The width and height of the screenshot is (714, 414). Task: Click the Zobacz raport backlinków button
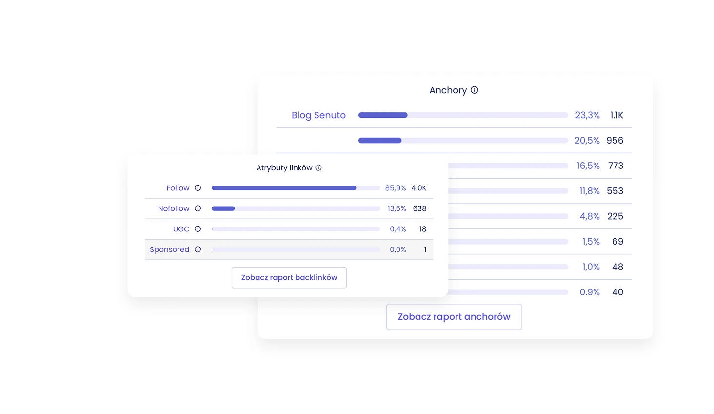pos(289,277)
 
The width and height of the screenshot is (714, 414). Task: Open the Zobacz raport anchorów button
pos(454,317)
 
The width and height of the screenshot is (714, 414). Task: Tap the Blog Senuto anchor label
pos(318,115)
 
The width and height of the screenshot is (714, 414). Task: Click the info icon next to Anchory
pos(475,90)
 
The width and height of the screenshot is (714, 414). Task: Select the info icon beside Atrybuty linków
pos(318,168)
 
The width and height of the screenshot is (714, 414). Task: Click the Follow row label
pos(178,188)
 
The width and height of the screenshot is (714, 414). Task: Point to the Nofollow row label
pos(174,208)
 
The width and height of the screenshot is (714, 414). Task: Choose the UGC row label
pos(181,229)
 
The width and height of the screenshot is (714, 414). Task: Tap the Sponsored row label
pos(169,249)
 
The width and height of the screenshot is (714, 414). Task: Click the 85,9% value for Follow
pos(396,188)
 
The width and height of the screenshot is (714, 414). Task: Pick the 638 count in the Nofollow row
pos(419,208)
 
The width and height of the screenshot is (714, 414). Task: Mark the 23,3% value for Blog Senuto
pos(587,115)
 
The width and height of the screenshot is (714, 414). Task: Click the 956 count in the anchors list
pos(615,141)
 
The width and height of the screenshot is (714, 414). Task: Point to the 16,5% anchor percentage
pos(588,166)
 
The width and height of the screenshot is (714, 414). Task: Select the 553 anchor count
pos(615,191)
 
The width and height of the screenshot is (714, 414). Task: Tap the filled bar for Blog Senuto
pos(383,115)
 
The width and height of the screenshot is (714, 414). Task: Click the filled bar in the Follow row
pos(284,188)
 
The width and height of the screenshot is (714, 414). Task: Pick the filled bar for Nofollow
pos(223,208)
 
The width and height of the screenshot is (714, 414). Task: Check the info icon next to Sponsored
pos(198,249)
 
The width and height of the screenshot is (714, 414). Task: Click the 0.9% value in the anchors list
pos(590,292)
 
